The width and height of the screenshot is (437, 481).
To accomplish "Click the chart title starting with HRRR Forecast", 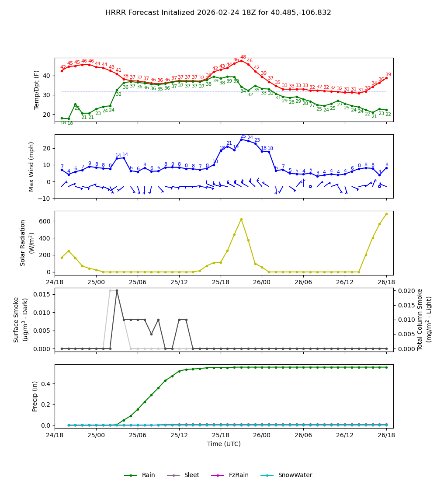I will (x=218, y=13).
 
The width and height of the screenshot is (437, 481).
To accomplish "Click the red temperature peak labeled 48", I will (x=241, y=60).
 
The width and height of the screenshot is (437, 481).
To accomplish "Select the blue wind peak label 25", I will (x=243, y=136).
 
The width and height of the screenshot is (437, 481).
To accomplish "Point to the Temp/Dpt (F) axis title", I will (x=37, y=90).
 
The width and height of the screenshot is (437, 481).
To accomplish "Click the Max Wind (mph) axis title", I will (x=31, y=166).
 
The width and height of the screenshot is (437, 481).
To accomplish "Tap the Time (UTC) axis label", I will (x=224, y=444).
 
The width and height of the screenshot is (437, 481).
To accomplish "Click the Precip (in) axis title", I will (x=35, y=396).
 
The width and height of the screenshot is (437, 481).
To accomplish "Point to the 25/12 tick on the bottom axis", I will (x=179, y=435).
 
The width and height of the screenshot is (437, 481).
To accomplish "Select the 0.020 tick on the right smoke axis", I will (x=405, y=291).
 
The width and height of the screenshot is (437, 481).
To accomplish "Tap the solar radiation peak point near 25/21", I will (x=241, y=219).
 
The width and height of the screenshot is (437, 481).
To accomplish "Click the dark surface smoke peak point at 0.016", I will (x=117, y=290).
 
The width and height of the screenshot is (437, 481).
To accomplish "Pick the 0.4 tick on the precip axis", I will (x=47, y=384).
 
